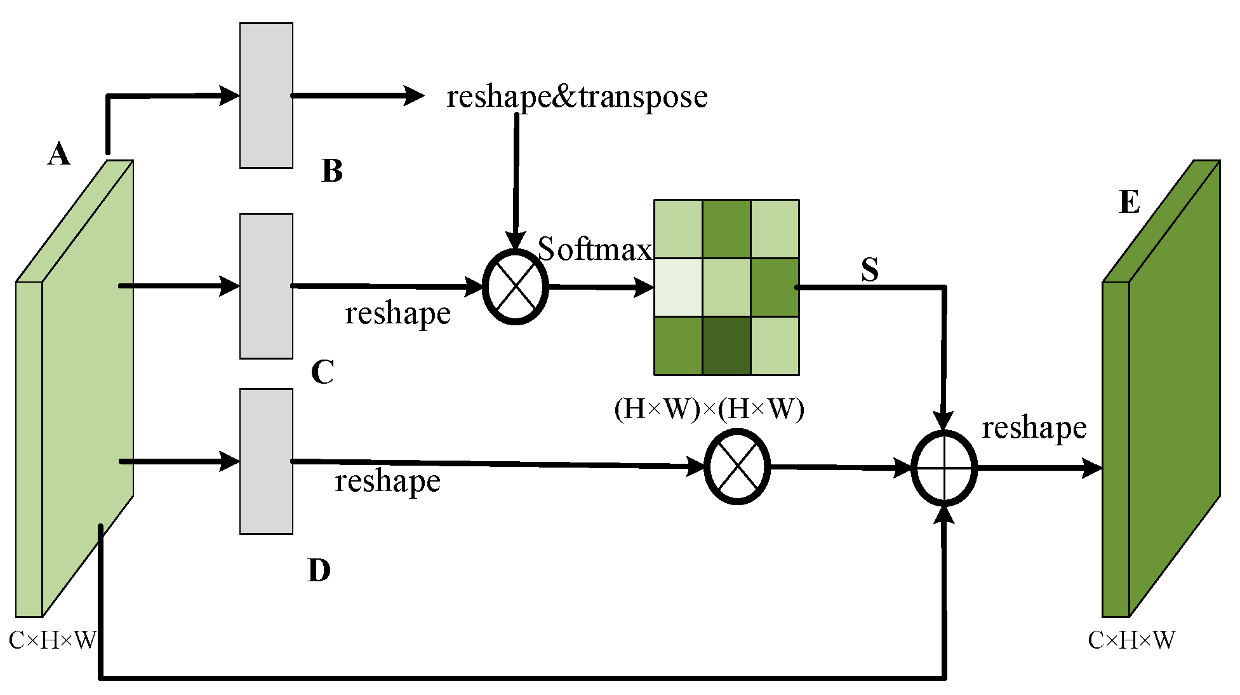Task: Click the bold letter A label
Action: [x=59, y=154]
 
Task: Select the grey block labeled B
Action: [x=266, y=95]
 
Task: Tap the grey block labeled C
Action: [x=266, y=286]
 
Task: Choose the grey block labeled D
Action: [x=266, y=461]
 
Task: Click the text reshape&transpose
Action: [x=577, y=97]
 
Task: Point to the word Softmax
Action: [x=595, y=249]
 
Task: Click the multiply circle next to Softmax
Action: [x=516, y=287]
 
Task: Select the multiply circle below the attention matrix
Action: [x=737, y=467]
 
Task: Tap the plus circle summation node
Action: [x=944, y=468]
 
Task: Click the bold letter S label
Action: [x=870, y=270]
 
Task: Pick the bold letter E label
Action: [x=1130, y=202]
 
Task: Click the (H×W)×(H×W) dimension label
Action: [x=709, y=408]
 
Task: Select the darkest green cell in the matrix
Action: [x=726, y=346]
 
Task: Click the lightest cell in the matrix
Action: [x=678, y=287]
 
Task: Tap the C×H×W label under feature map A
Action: [x=53, y=640]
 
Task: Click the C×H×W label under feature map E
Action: [x=1131, y=640]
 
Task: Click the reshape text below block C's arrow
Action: [x=397, y=313]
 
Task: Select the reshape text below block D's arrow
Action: [x=387, y=481]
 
